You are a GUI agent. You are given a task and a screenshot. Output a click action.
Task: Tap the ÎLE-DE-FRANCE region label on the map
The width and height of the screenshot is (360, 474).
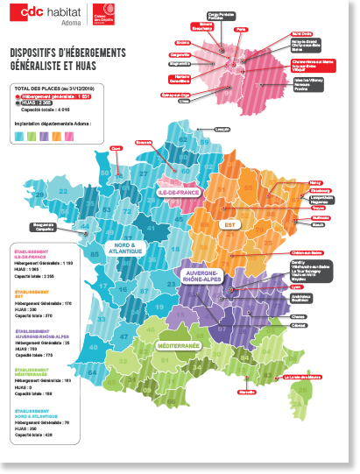click(179, 191)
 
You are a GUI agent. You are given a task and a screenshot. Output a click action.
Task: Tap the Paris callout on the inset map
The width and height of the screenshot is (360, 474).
click(241, 29)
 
